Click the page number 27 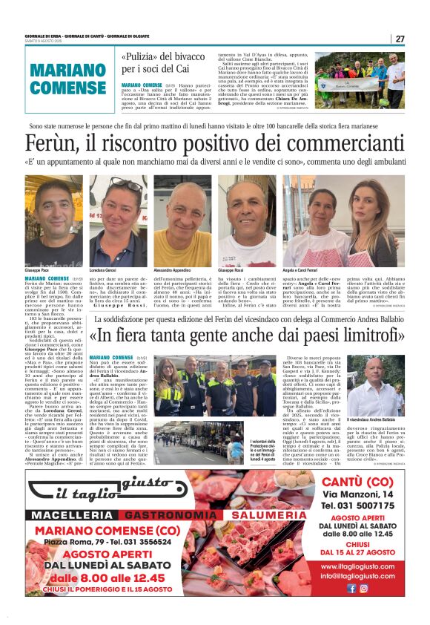(x=400, y=39)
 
